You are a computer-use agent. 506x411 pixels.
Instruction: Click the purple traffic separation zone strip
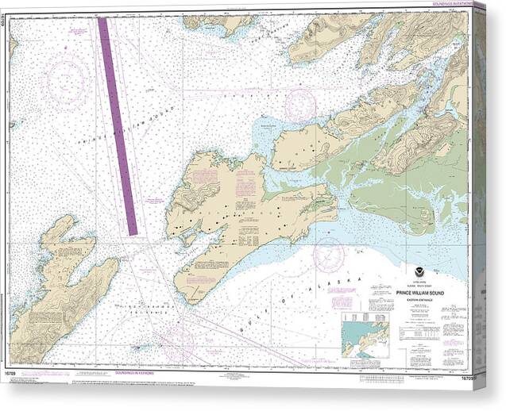[118, 127]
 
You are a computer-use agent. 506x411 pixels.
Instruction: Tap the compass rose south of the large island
[328, 255]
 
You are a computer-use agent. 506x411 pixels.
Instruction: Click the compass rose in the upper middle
[299, 106]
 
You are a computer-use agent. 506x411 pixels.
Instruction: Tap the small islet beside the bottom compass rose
[141, 347]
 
